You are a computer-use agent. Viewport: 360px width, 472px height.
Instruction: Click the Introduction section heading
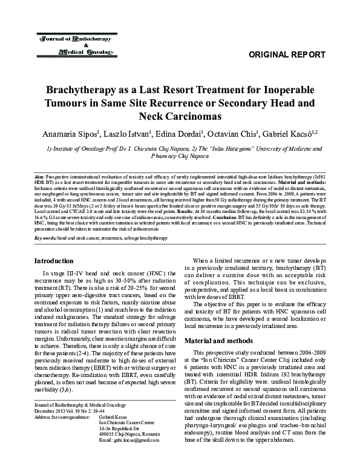pyautogui.click(x=54, y=261)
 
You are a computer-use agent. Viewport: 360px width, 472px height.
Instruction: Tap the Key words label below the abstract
pyautogui.click(x=45, y=239)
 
